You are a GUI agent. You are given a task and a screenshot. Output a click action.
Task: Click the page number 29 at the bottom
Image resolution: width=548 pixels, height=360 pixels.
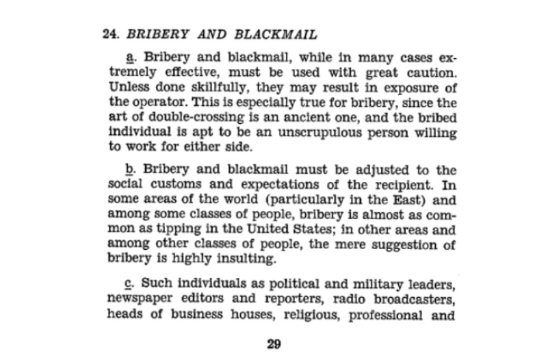(x=274, y=343)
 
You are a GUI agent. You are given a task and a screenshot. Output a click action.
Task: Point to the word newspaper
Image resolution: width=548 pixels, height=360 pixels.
(x=128, y=300)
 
